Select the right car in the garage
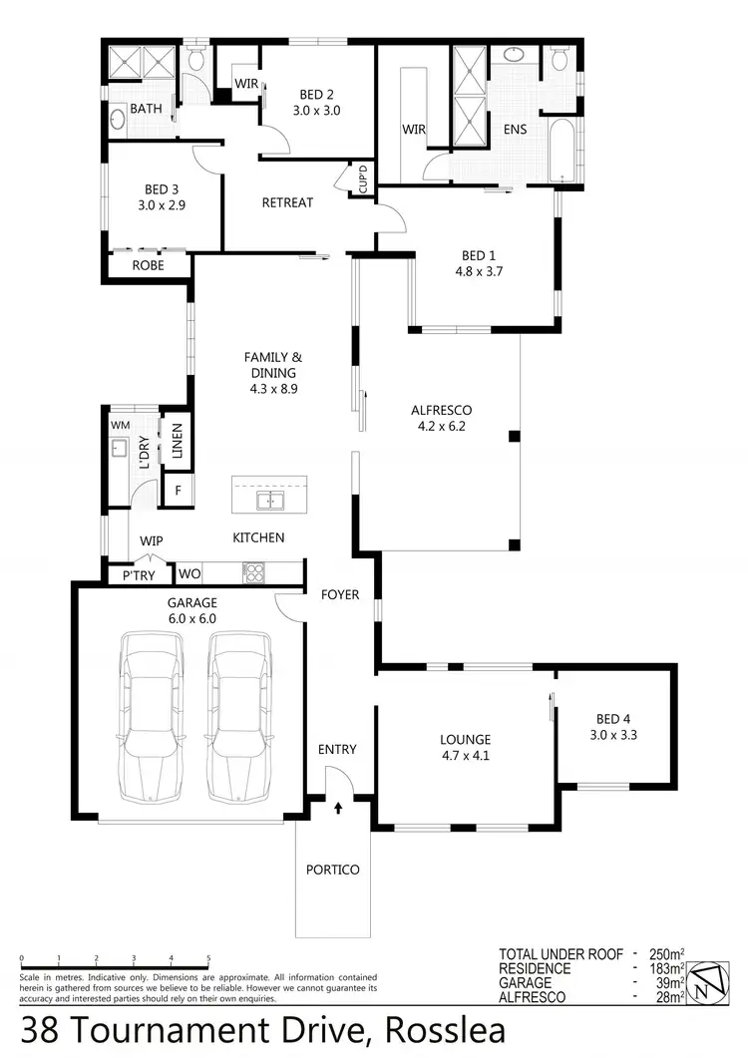(238, 715)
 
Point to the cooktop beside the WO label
(254, 572)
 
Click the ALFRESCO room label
(441, 410)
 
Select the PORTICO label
(333, 870)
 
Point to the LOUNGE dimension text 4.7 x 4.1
(466, 755)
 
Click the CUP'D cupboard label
(363, 178)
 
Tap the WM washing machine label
(121, 425)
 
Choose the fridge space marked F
(178, 491)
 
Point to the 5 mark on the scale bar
(208, 959)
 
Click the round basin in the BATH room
(117, 123)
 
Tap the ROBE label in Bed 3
(148, 266)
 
